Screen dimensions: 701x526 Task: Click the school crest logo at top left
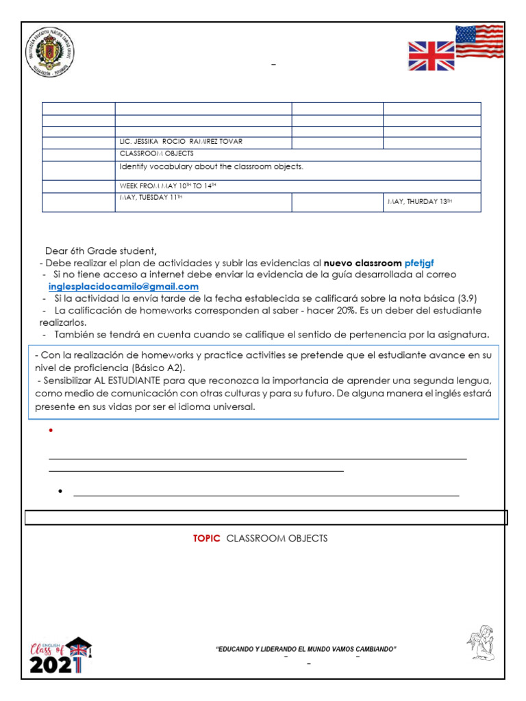50,53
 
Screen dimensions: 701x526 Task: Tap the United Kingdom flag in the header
431,56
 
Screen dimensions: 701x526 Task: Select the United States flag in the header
479,41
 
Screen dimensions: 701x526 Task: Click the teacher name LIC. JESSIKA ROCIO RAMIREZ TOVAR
181,142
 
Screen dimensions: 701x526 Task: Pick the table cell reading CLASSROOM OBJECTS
156,154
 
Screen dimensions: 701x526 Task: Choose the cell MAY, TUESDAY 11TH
151,198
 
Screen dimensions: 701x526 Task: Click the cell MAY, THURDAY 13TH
420,201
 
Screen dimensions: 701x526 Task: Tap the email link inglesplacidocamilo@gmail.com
123,286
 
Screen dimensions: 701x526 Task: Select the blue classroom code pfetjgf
419,262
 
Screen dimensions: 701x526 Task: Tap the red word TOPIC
206,538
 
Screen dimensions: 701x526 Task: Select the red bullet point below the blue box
51,431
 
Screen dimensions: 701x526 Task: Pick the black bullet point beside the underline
61,493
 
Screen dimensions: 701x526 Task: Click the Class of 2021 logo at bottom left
59,657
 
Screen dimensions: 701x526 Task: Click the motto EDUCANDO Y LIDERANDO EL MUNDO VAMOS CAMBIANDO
306,649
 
